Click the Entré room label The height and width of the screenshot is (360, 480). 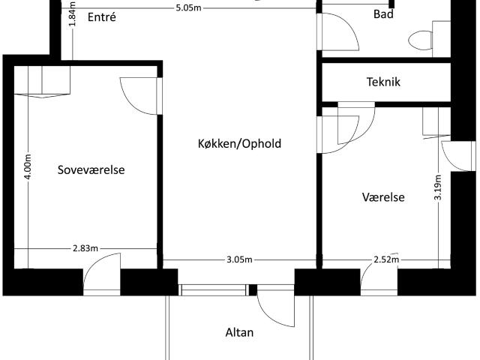(102, 16)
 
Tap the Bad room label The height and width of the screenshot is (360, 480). (383, 14)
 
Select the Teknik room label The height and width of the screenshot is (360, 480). (383, 82)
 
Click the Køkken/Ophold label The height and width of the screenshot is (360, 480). (239, 142)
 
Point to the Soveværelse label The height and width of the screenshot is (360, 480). (91, 170)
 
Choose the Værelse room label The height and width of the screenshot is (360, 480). (383, 197)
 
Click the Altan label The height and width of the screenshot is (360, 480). (239, 332)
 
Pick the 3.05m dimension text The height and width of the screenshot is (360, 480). (238, 260)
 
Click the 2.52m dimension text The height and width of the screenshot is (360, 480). (385, 260)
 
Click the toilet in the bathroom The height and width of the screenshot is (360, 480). (422, 38)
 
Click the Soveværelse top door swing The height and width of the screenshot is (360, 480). (139, 96)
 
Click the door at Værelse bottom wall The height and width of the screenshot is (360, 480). (379, 277)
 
